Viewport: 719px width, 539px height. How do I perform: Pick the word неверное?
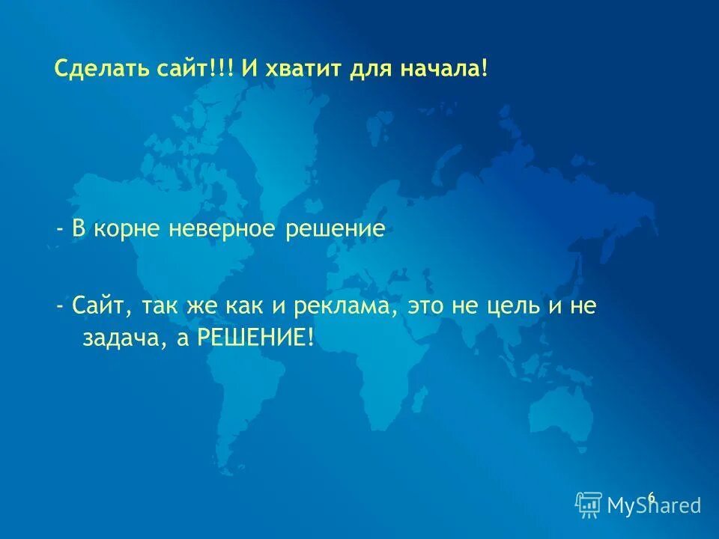click(x=222, y=229)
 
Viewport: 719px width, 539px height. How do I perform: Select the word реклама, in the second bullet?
click(x=349, y=308)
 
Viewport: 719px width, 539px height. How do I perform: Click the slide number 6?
click(x=651, y=497)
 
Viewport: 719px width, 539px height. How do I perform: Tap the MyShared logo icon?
click(x=589, y=505)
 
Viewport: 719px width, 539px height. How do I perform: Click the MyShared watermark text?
click(x=654, y=506)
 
